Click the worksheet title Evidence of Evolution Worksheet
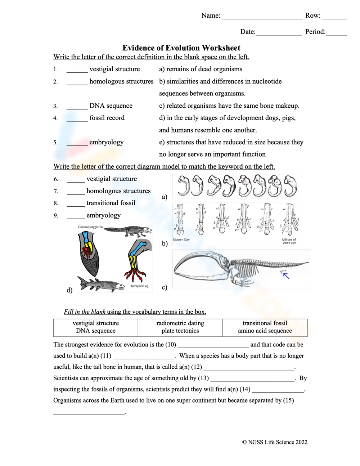(181, 48)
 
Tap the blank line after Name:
(262, 16)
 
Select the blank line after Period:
(336, 32)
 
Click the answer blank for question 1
(77, 70)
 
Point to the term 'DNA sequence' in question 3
(111, 106)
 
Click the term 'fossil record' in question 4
(107, 118)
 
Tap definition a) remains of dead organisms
(201, 69)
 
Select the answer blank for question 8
(76, 204)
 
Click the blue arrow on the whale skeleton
(286, 276)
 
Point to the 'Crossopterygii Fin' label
(90, 227)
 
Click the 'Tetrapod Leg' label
(139, 286)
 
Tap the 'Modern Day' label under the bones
(181, 239)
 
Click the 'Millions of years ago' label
(289, 241)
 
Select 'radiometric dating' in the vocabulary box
(180, 323)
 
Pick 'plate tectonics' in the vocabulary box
(180, 331)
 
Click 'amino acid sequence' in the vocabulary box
(265, 331)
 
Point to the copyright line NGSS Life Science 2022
(275, 442)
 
